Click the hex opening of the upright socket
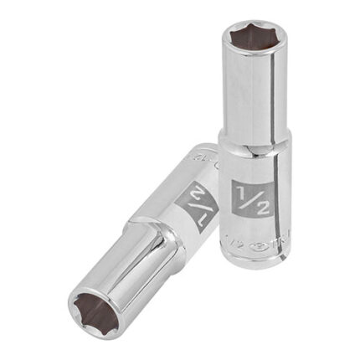(x=250, y=41)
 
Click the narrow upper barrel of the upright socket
(x=251, y=92)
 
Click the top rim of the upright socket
(x=250, y=23)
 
